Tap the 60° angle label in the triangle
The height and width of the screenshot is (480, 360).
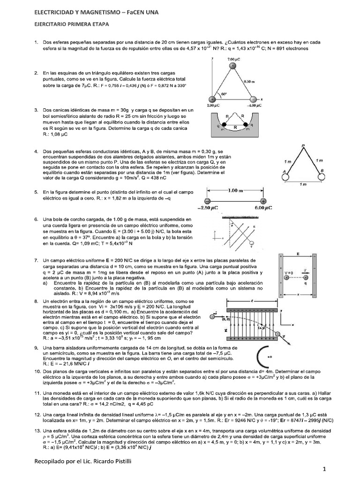(x=217, y=94)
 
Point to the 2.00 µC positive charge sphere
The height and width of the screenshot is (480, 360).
(x=212, y=100)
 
